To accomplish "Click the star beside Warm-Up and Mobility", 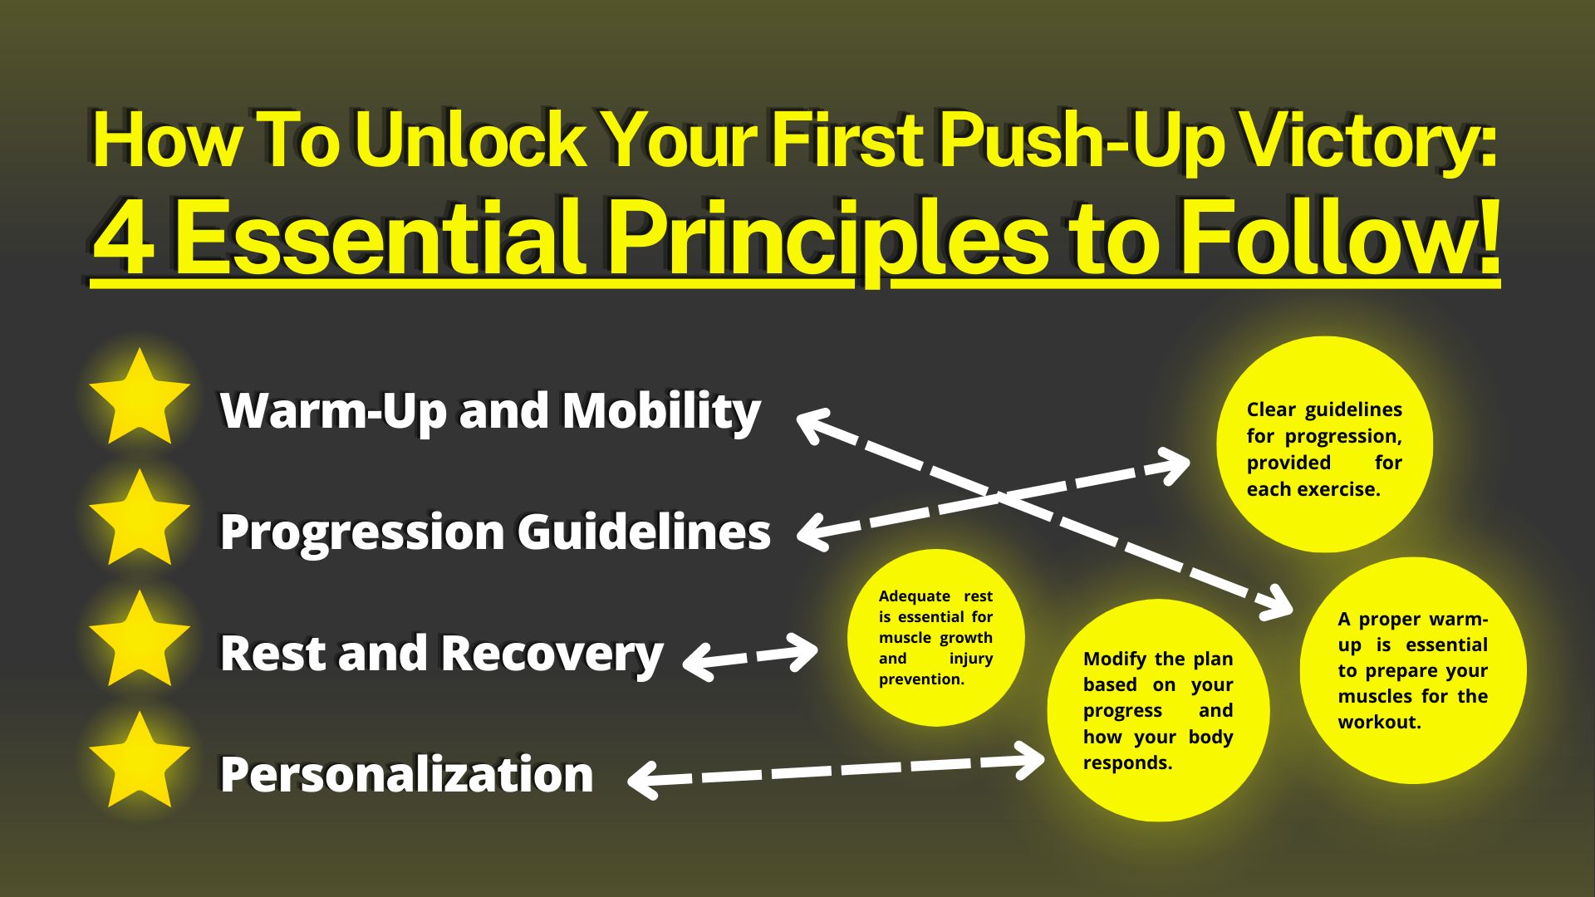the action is click(140, 399).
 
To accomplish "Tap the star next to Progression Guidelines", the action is click(140, 520).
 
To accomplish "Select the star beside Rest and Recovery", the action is click(140, 641).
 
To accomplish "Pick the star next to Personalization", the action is click(140, 762).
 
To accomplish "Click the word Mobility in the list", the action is click(661, 411).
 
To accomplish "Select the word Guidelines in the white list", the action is click(645, 532).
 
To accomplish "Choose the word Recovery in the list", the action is click(552, 654).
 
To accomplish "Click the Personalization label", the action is click(407, 774).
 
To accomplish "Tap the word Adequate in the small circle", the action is click(915, 596).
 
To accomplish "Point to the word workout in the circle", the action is click(1379, 723).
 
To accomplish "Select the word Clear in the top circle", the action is click(1271, 409).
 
